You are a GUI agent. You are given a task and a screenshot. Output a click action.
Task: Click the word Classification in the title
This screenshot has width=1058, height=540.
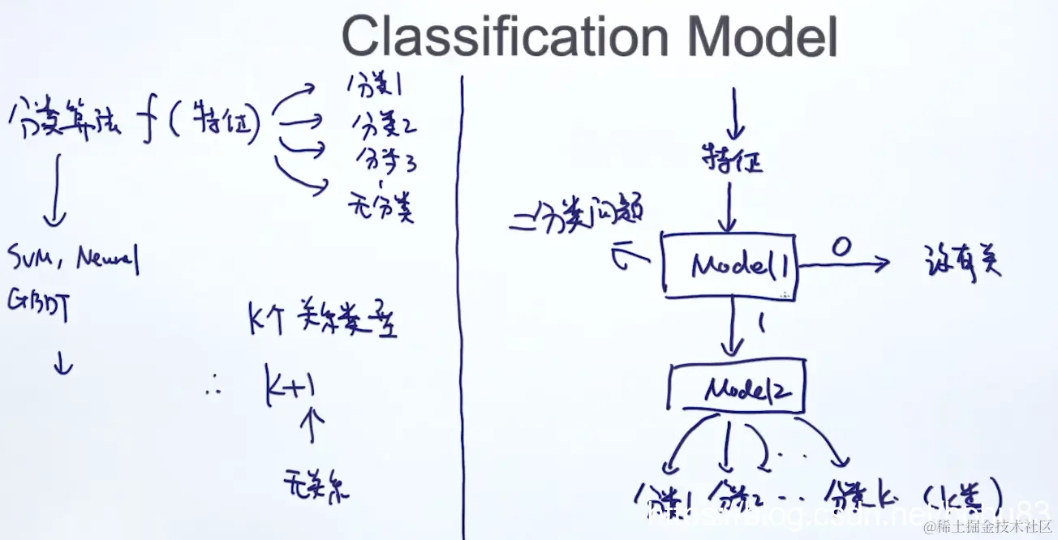pos(504,36)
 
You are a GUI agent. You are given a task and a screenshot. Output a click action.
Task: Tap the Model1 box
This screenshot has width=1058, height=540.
pos(729,264)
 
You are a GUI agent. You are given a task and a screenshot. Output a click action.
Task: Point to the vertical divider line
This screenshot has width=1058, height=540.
pos(463,308)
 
